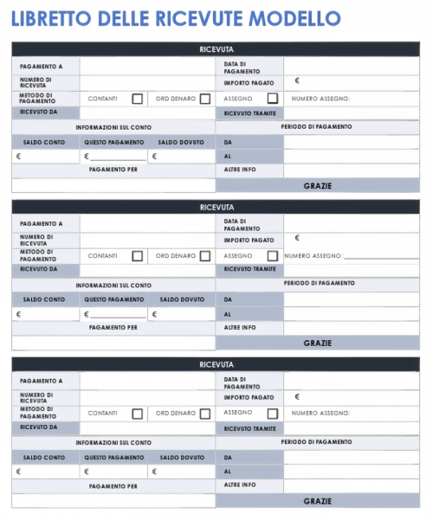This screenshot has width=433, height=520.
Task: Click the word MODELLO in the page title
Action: click(294, 18)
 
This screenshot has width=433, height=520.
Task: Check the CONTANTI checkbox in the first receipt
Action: click(137, 99)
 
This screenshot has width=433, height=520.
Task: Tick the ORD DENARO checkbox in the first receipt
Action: click(205, 99)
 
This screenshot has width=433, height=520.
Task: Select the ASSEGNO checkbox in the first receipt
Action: click(273, 99)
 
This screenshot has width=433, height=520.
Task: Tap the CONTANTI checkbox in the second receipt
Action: click(137, 256)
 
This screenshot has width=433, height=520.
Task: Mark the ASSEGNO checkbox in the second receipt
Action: click(273, 256)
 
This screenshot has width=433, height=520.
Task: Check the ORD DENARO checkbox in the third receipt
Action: click(205, 414)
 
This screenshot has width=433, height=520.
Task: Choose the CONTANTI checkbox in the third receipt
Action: click(137, 414)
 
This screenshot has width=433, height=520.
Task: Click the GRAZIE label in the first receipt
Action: click(318, 185)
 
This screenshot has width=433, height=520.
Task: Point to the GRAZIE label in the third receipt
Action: click(318, 501)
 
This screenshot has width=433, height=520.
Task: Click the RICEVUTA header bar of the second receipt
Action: click(216, 208)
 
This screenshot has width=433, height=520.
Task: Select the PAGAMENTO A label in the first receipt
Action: click(42, 66)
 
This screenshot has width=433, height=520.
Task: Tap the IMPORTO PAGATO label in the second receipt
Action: click(249, 240)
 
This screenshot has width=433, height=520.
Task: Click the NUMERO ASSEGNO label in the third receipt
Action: click(320, 414)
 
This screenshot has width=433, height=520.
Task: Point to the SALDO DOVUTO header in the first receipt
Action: click(181, 141)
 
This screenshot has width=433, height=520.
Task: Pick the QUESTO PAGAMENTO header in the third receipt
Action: click(114, 457)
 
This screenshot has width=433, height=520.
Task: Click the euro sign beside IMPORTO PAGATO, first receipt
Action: click(297, 80)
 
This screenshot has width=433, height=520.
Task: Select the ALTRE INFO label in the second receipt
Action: click(240, 328)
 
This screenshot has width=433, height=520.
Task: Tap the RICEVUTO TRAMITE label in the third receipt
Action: click(250, 427)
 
